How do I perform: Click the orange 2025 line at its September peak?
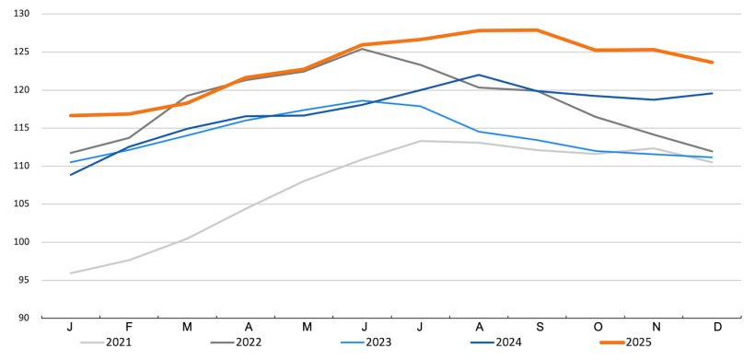click(x=537, y=30)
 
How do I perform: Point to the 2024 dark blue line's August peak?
click(x=479, y=75)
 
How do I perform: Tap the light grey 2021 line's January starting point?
click(x=71, y=273)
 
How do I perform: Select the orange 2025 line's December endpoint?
click(x=712, y=63)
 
